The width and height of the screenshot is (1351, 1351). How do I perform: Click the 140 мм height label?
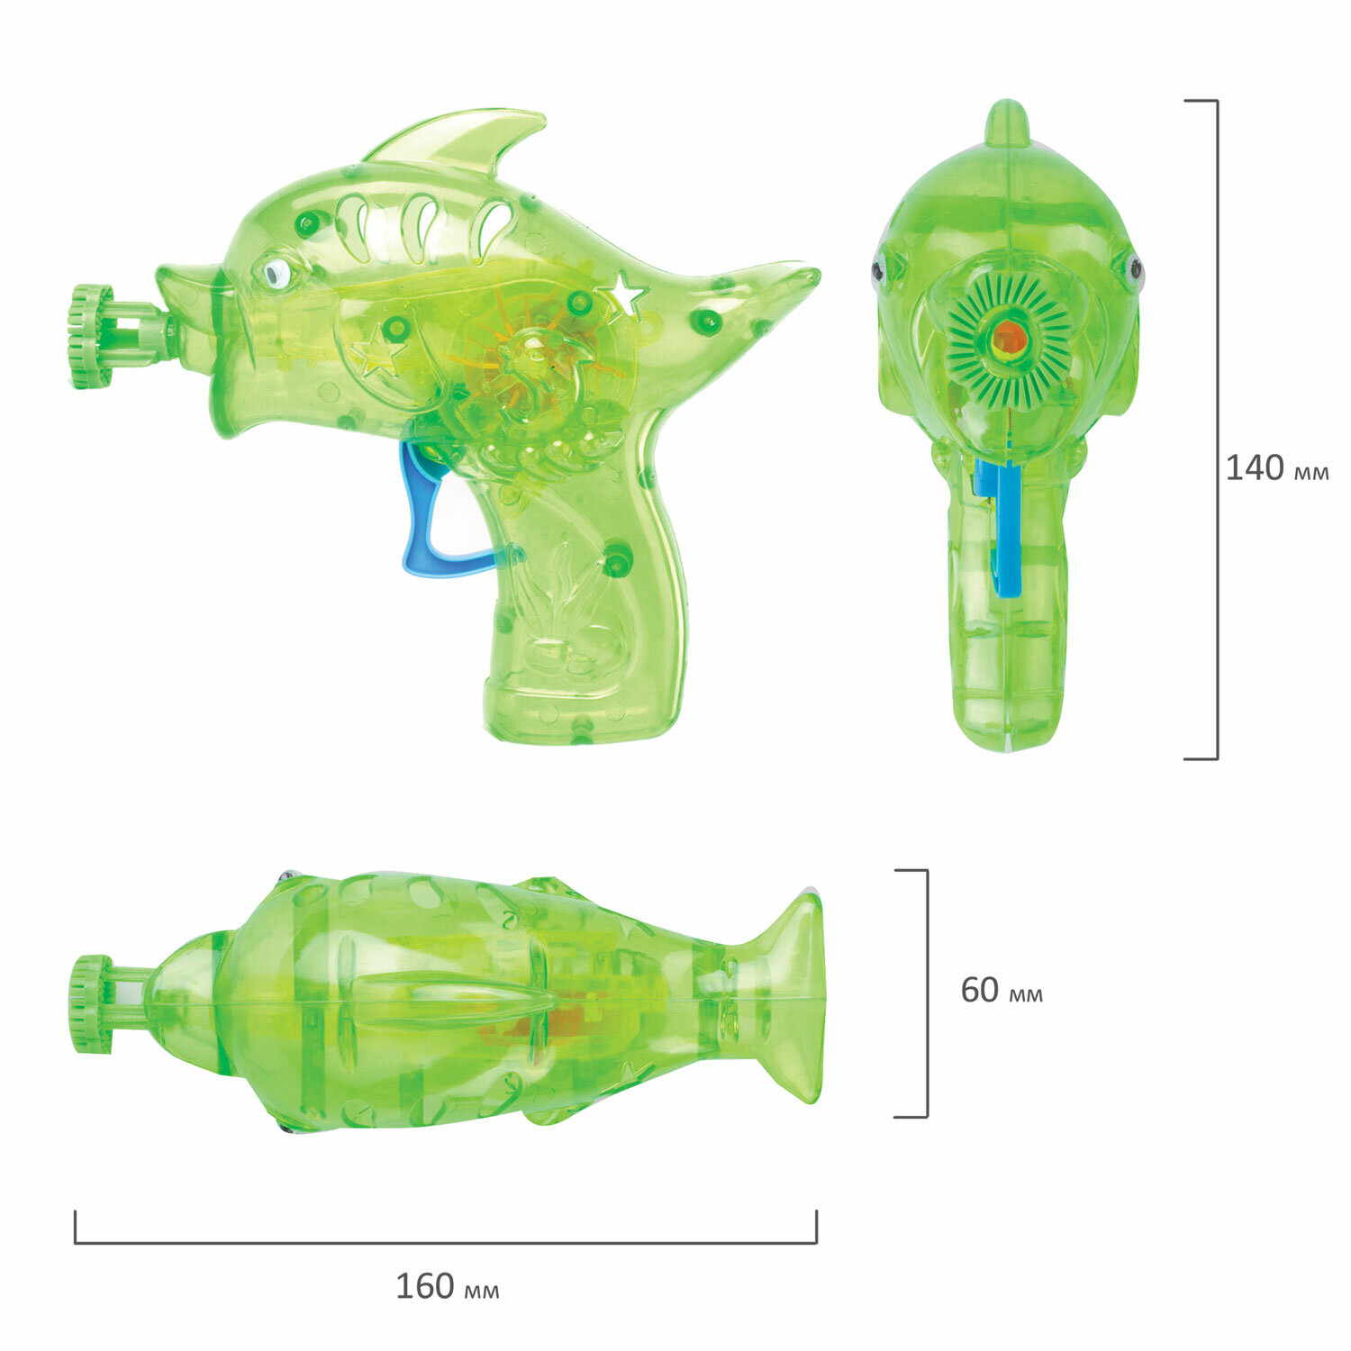1276,468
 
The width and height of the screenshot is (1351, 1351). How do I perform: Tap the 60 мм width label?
1002,990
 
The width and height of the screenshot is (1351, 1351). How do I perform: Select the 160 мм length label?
447,1286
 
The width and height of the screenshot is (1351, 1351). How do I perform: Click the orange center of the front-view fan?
1010,340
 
